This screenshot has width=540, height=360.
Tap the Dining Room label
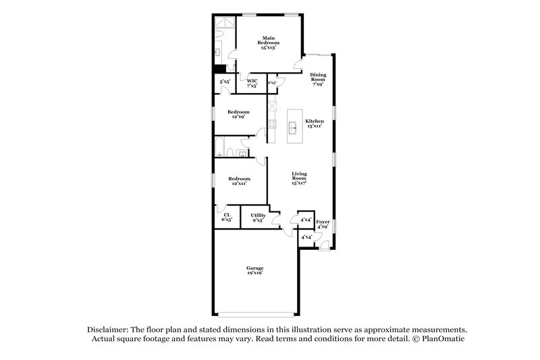point(318,80)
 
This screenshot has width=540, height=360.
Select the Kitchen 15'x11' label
point(315,124)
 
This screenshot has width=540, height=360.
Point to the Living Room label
point(300,180)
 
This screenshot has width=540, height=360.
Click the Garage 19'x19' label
point(254,271)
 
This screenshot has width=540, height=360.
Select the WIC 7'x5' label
point(252,83)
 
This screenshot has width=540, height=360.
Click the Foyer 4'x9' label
point(323,224)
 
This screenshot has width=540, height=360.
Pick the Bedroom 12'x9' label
point(238,113)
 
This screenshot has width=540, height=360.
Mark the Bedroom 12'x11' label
point(238,180)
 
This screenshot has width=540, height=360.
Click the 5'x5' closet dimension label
point(224,82)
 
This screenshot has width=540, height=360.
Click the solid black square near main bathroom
point(219,68)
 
